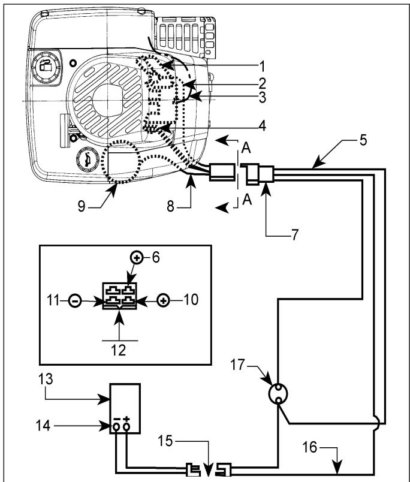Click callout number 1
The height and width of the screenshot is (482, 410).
click(x=261, y=67)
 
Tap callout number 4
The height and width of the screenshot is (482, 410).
click(x=262, y=125)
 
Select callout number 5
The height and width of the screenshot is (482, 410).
click(x=363, y=140)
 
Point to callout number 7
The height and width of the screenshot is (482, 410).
click(x=295, y=234)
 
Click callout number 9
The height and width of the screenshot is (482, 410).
click(x=81, y=206)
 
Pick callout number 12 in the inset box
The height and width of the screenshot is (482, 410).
click(x=119, y=350)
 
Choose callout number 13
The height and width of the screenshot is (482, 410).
click(x=46, y=379)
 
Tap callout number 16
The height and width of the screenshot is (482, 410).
click(x=310, y=447)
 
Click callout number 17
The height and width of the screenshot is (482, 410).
click(x=237, y=365)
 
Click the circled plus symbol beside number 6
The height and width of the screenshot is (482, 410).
click(x=137, y=257)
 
